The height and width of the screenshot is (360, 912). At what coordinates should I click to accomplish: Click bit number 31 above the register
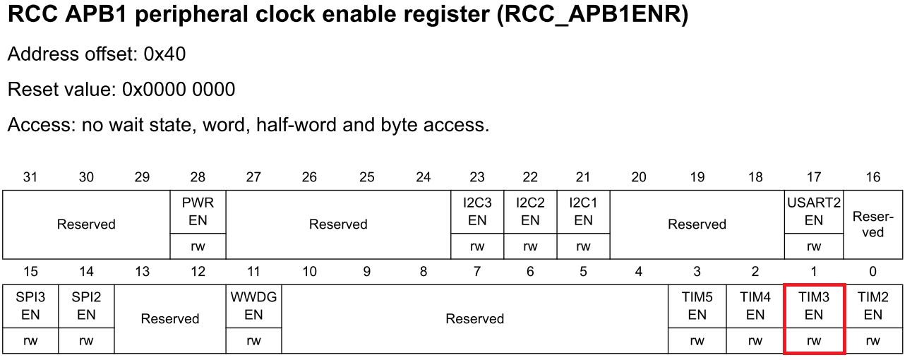point(30,177)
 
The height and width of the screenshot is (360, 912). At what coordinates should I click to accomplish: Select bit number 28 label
point(198,177)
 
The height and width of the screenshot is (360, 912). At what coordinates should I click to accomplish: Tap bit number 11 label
point(253,272)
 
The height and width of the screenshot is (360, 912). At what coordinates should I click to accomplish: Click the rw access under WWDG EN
point(253,341)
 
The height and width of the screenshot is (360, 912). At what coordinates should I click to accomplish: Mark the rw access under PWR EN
point(198,246)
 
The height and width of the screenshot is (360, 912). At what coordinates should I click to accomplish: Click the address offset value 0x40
point(164,54)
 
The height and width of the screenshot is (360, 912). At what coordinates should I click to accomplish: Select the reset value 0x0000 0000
point(179,90)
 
